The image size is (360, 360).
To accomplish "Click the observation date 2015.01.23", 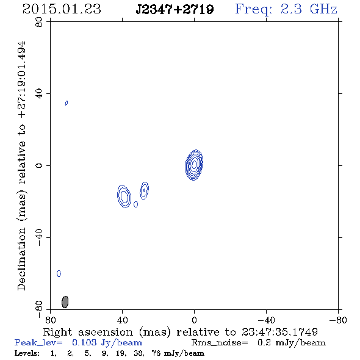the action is (62, 9).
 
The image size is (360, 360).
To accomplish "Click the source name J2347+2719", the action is (175, 9).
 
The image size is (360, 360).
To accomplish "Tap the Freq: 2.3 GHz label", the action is (286, 9).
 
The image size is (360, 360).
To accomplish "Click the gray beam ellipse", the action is (65, 302).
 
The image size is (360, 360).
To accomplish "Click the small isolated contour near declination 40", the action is (67, 103).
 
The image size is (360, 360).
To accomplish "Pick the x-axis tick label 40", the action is (123, 320).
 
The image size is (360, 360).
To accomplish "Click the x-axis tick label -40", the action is (266, 320).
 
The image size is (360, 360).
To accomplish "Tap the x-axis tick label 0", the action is (194, 320).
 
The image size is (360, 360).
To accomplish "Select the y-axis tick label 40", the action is (39, 94).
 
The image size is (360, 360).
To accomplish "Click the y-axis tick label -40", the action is (39, 237).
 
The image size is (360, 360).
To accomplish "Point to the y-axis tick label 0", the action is (39, 165).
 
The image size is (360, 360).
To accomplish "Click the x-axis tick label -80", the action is (338, 320).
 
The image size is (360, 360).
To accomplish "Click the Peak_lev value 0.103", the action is (83, 342).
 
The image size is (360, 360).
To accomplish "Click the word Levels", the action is (27, 353).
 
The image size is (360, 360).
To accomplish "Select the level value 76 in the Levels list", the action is (156, 353).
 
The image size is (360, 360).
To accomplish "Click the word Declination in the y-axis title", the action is (21, 259).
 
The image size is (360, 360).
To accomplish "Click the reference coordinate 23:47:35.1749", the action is (279, 332).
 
